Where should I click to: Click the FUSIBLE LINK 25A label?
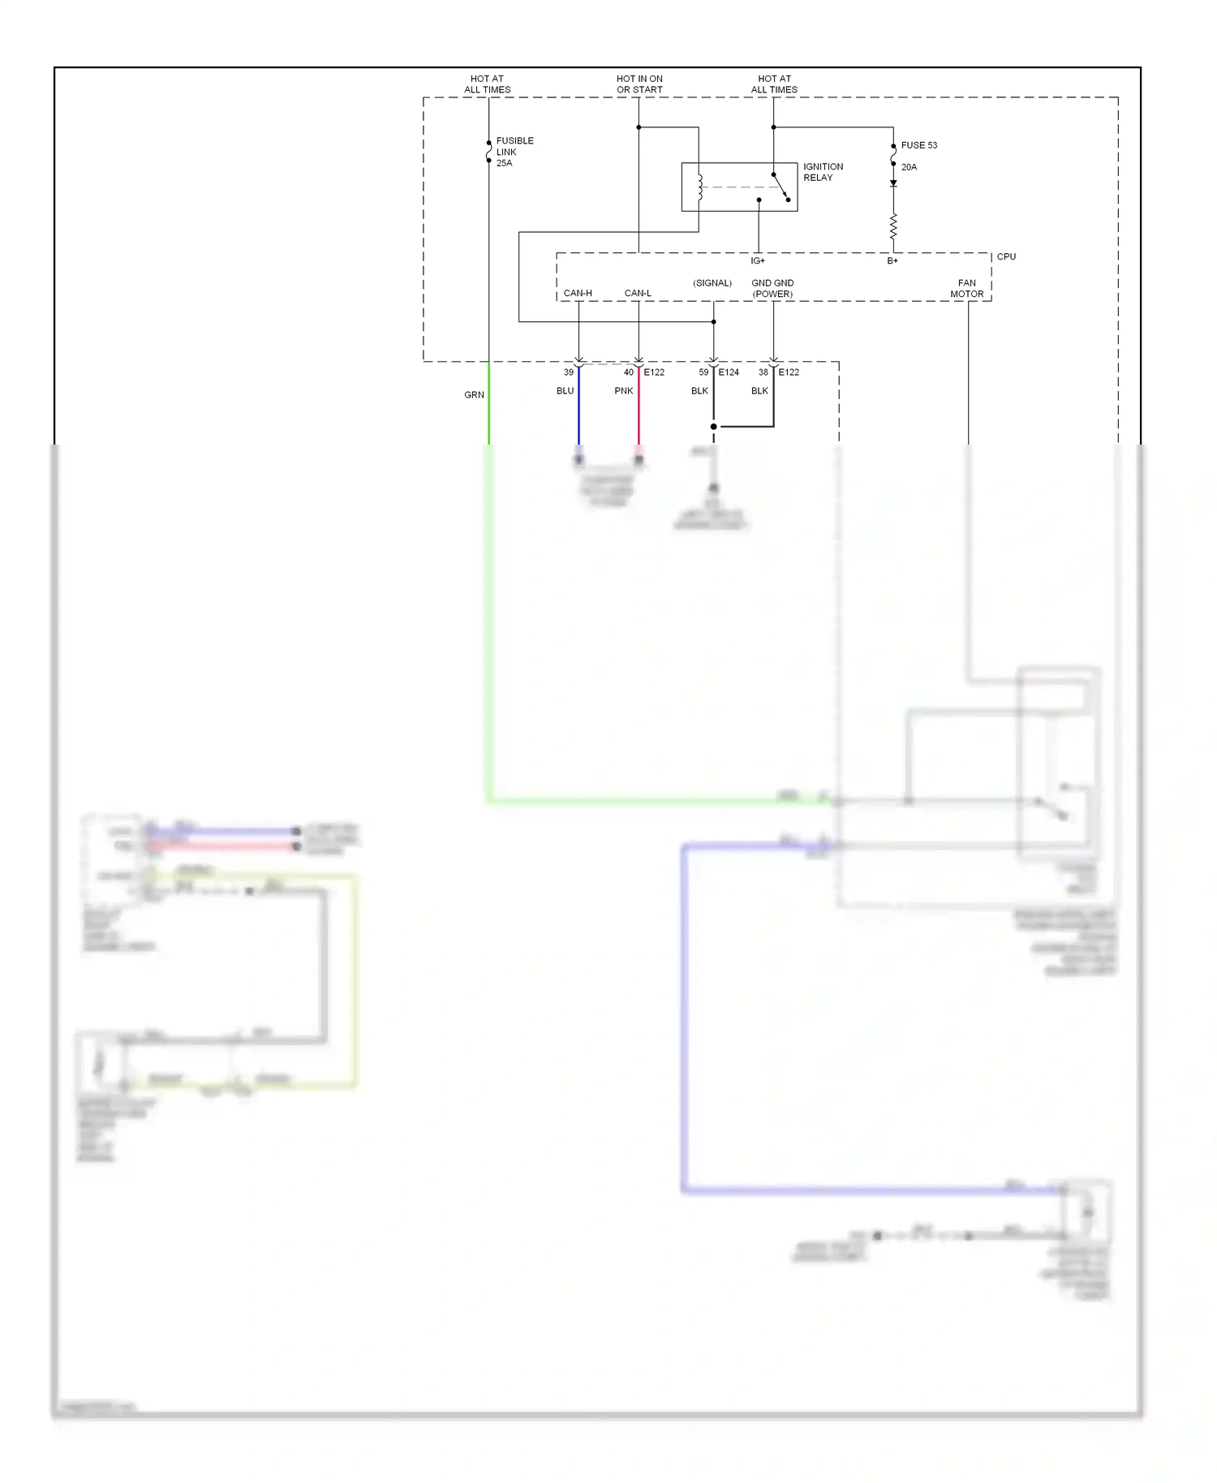[514, 152]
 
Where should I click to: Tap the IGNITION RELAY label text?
[823, 172]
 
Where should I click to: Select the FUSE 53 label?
[918, 145]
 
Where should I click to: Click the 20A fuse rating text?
[909, 167]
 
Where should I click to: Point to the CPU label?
[1006, 256]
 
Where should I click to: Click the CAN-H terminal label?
[578, 293]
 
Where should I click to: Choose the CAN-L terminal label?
[638, 293]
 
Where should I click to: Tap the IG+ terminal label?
[758, 261]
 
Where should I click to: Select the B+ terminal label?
[892, 261]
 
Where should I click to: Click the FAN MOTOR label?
[967, 289]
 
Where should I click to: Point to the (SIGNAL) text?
[712, 283]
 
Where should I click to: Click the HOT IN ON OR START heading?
[639, 84]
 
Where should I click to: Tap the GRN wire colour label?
[474, 395]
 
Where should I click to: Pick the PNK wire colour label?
[623, 391]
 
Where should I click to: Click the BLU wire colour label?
[565, 391]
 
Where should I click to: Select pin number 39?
[569, 372]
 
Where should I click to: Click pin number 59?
[703, 372]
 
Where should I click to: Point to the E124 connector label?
[729, 372]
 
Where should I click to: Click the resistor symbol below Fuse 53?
[893, 226]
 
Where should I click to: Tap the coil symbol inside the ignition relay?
[699, 187]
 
